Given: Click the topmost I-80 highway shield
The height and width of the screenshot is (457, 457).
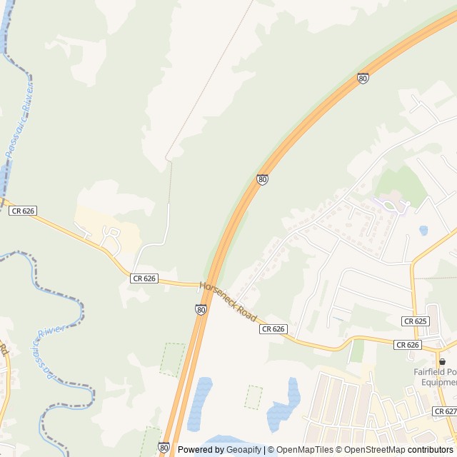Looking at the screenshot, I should [x=363, y=79].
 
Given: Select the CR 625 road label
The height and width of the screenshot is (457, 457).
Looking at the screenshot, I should [x=415, y=321].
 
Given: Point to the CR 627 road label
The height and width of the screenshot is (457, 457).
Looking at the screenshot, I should [x=444, y=411].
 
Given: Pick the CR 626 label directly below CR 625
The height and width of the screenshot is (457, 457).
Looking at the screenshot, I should [x=407, y=345].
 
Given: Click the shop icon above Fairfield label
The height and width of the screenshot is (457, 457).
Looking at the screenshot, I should [x=442, y=362].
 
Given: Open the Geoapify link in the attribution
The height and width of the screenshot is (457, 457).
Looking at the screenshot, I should [x=244, y=450].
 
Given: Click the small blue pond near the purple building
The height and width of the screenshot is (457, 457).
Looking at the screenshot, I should [x=423, y=231].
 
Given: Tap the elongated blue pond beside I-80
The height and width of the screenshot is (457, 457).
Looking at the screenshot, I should [x=199, y=402].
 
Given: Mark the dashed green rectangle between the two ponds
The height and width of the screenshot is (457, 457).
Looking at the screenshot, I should [x=253, y=397].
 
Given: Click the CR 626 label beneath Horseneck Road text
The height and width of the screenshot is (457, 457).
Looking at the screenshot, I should [x=273, y=329].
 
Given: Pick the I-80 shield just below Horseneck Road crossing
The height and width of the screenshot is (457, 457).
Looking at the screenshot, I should [x=201, y=309].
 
